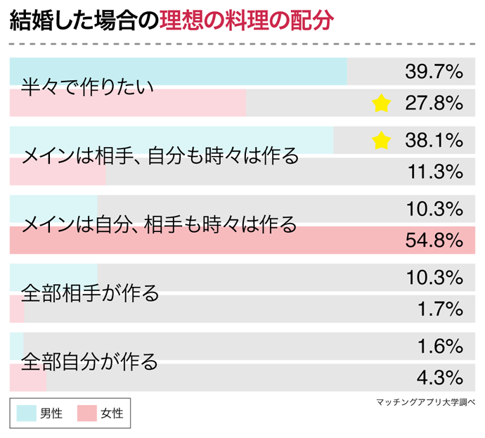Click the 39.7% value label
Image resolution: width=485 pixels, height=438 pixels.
coord(434,71)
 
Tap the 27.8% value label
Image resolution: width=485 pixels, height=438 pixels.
coord(434,103)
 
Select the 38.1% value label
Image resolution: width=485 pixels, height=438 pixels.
coord(434,140)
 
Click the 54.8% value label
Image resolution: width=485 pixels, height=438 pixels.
coord(434,241)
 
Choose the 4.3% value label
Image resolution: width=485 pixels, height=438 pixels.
coord(440,378)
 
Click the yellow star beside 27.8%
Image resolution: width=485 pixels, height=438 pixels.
coord(380,104)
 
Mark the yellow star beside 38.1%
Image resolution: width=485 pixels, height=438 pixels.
coord(380,141)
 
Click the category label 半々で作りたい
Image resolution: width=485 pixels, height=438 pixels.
coord(87,87)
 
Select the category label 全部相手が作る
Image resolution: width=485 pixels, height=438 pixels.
coord(91,292)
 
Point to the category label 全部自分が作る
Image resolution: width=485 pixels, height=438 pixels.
coord(91,361)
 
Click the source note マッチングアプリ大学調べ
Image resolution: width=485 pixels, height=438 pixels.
coord(426,402)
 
